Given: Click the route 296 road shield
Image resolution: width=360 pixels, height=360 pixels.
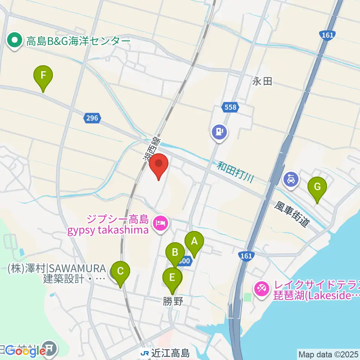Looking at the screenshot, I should click(x=91, y=118).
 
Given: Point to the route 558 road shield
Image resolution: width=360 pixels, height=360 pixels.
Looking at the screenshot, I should click(x=231, y=108).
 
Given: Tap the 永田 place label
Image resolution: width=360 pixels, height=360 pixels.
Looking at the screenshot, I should click(x=262, y=81).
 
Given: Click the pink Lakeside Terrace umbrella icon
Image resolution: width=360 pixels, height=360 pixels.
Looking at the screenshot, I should click(x=261, y=289).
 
